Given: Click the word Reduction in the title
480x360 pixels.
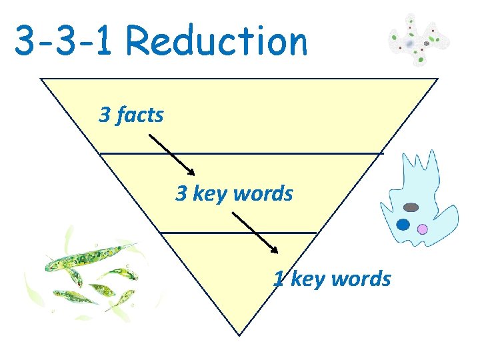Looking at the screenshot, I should coord(217,41).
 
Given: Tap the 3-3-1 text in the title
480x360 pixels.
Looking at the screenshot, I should coord(66,41).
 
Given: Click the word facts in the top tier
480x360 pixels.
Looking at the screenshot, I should coord(140,115).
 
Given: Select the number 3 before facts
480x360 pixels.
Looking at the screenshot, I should coord(105,115).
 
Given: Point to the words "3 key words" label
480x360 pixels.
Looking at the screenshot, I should coord(234,193).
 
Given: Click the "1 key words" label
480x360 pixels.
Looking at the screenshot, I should coord(332,278).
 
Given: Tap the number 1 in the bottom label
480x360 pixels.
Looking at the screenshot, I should coord(279,278).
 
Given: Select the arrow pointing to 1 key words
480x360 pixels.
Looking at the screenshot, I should coord(255,232).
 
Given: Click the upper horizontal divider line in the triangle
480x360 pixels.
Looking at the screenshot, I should coord(241,153).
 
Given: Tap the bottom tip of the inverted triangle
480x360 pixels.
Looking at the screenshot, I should coord(239,334).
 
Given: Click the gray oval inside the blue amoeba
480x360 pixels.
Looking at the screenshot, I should coord(411,207).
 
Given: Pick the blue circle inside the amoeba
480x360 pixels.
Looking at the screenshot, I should coord(403,225).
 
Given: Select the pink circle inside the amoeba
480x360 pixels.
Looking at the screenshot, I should coord(422,229).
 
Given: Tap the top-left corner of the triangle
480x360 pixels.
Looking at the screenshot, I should coord(41,79).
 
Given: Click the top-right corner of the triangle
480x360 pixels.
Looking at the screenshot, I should coord(437,79).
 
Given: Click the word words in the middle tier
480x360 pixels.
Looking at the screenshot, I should coord(265,193).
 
